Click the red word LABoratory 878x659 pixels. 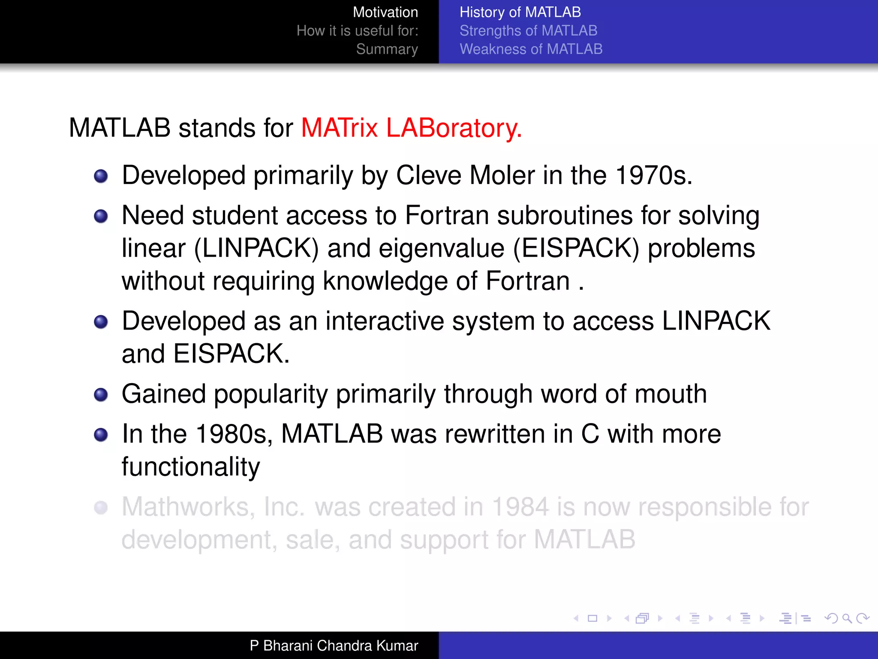pos(454,128)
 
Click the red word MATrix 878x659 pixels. pos(339,128)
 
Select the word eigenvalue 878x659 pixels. pos(441,248)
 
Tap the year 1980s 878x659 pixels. pos(234,434)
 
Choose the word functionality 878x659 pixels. pos(191,467)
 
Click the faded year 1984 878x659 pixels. pos(520,507)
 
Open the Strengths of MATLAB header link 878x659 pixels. pos(528,31)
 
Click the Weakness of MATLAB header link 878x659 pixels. pos(531,49)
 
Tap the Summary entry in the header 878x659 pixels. pos(387,49)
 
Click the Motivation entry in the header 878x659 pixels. pos(385,12)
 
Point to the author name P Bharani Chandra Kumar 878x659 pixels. pos(334,646)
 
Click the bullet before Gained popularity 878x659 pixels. pos(101,394)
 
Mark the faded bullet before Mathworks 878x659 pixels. pos(101,508)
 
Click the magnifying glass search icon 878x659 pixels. pos(846,618)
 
